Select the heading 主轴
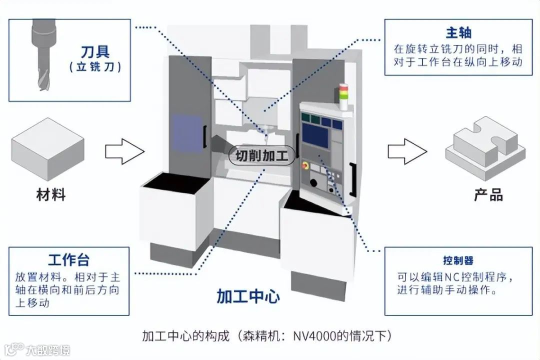point(458,33)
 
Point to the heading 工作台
point(69,260)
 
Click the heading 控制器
point(458,260)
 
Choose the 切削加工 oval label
point(262,155)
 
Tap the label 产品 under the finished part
point(488,194)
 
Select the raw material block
point(47,149)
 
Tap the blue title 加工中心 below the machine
point(248,296)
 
